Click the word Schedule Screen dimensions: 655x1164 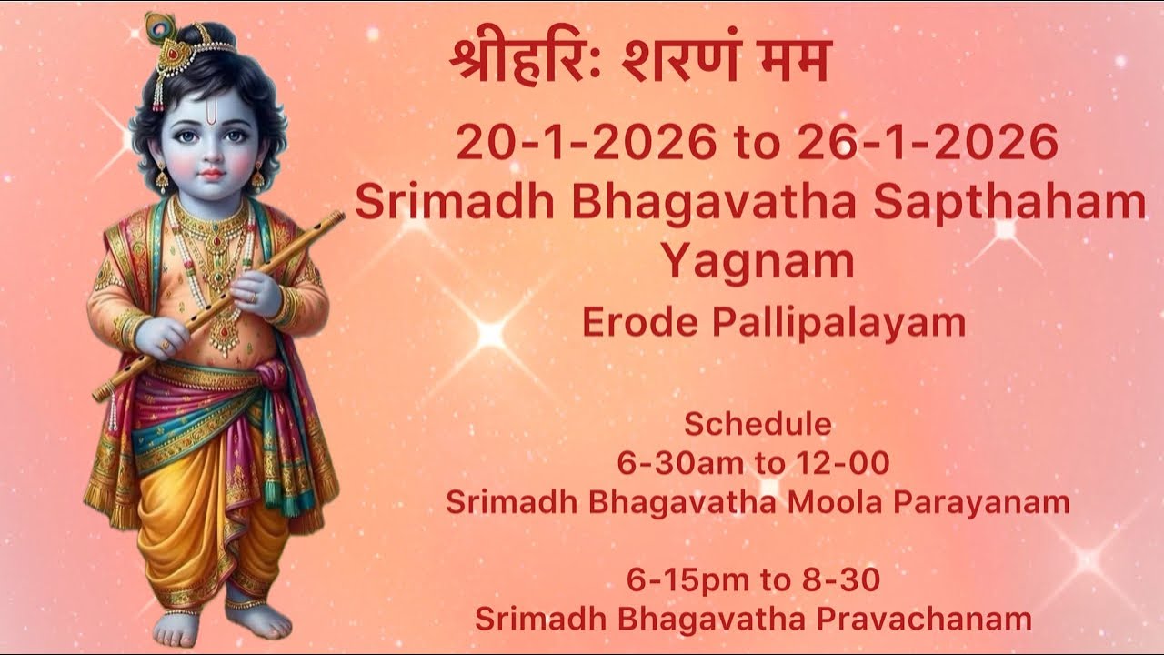point(758,424)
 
